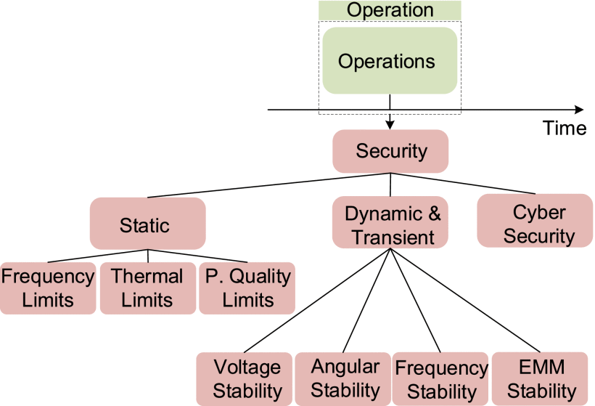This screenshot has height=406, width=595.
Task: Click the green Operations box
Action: tap(390, 61)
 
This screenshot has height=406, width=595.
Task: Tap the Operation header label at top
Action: tap(390, 10)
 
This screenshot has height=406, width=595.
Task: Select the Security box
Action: tap(390, 151)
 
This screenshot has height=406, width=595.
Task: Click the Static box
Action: tap(148, 224)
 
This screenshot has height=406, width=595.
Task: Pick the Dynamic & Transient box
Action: tap(390, 225)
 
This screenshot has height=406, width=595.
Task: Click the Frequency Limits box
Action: tap(48, 288)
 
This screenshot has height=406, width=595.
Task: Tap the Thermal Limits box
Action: tap(148, 288)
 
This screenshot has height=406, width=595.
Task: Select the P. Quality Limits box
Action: tap(247, 288)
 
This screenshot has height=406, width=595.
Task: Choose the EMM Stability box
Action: tap(541, 378)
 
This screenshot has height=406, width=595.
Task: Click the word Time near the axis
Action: tap(565, 129)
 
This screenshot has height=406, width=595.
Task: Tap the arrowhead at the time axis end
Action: tap(578, 110)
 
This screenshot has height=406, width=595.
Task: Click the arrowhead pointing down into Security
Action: tap(390, 125)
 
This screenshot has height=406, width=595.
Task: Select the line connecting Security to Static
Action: tap(268, 185)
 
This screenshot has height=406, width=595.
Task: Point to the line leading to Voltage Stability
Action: tap(319, 300)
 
